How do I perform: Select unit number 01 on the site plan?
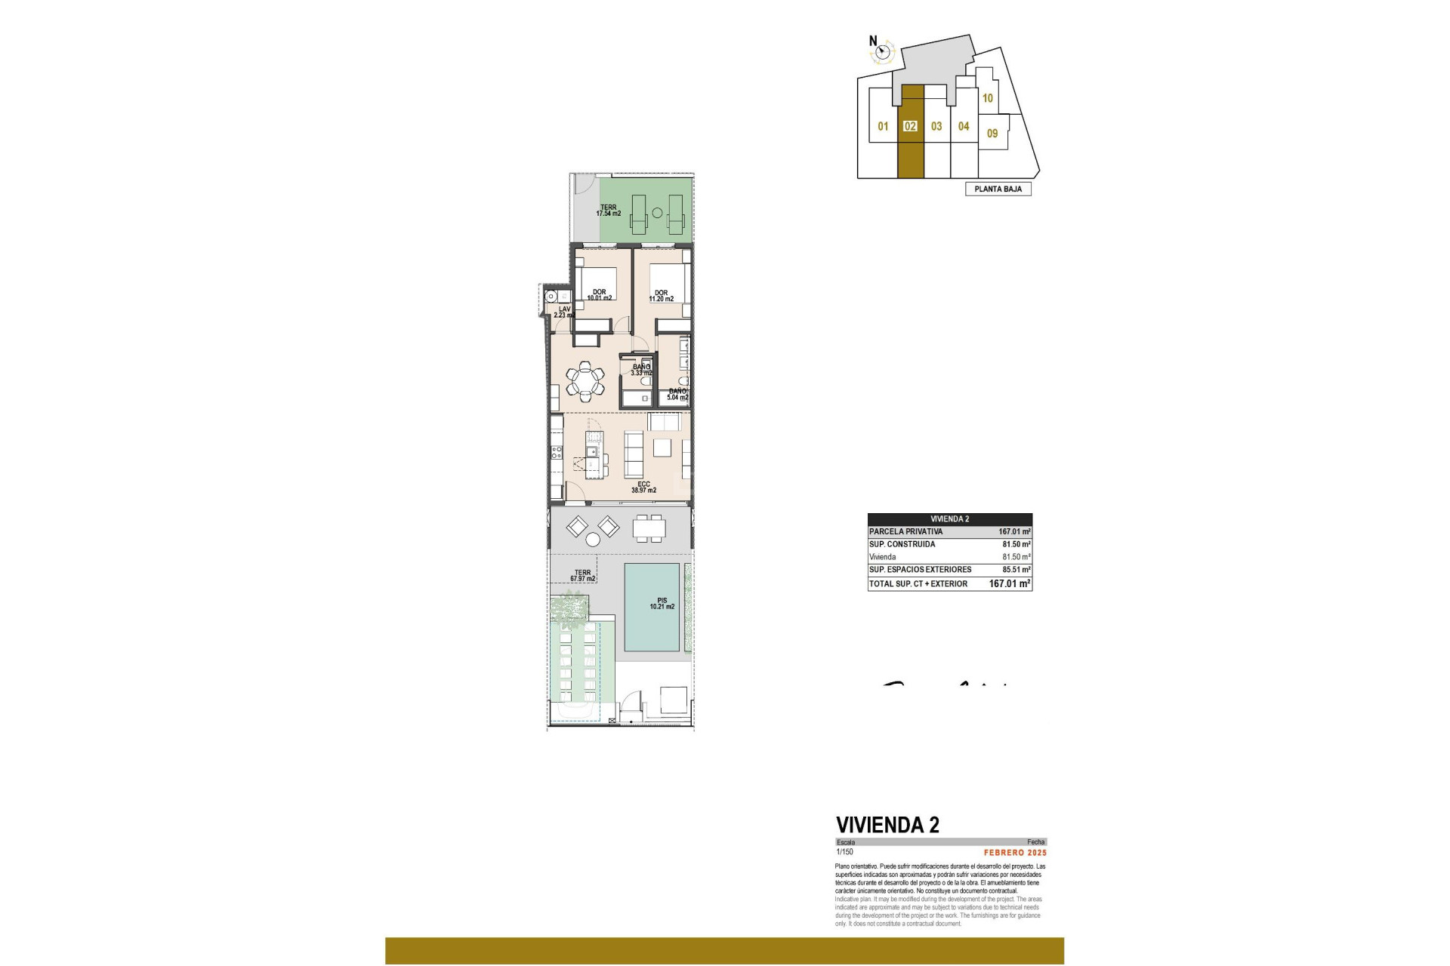point(883,127)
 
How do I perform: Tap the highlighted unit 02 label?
point(910,127)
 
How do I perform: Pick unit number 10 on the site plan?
point(987,98)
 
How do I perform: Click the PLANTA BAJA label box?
point(998,189)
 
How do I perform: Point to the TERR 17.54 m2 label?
point(609,211)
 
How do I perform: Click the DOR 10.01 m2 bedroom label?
point(599,295)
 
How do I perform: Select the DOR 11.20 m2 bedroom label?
point(662,296)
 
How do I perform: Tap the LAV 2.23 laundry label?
point(564,312)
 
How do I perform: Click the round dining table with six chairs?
point(585,380)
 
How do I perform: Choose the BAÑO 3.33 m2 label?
point(641,370)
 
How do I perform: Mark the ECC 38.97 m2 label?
point(643,488)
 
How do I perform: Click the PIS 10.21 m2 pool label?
point(662,604)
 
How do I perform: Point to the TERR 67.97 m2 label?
point(582,576)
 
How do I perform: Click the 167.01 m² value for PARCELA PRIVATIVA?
point(1014,532)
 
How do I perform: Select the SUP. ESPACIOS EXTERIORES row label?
point(920,570)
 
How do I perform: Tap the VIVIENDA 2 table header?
point(949,519)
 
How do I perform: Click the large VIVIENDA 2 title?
point(887,825)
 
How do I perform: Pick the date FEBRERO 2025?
point(1015,853)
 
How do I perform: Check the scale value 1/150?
point(844,852)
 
